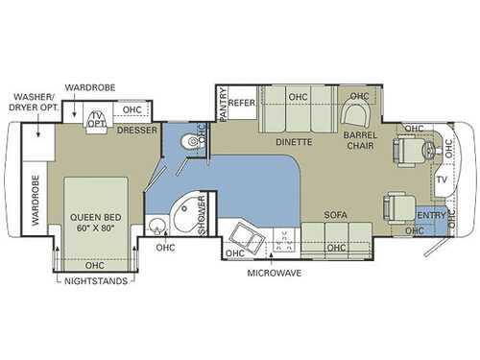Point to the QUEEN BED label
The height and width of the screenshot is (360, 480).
tap(93, 215)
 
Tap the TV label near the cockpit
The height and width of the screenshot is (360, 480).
tap(443, 180)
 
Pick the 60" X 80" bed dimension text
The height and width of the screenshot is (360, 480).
tap(93, 228)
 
